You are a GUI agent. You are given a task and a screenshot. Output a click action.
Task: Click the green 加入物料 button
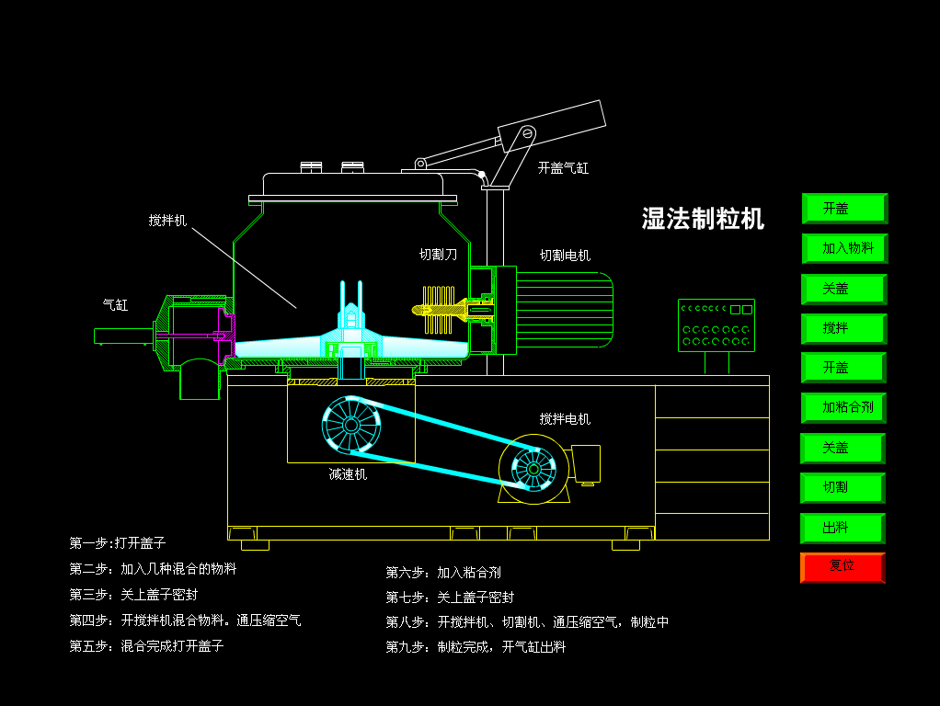843,248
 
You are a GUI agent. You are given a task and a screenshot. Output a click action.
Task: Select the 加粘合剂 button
843,407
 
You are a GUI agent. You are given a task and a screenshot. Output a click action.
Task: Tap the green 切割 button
842,487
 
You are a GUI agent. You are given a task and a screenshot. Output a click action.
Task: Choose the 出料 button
842,528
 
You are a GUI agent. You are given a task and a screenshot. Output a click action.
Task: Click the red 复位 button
842,567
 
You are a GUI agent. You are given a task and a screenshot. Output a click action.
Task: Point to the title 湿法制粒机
703,218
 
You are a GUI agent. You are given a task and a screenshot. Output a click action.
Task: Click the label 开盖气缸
563,168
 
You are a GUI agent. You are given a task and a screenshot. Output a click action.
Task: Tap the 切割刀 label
438,255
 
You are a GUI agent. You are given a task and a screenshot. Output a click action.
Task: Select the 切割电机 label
565,256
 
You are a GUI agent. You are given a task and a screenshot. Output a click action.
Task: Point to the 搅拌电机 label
565,419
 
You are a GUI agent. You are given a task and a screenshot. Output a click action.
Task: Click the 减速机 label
348,474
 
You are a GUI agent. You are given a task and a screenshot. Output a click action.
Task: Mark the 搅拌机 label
167,221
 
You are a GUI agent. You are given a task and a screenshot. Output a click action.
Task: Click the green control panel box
716,325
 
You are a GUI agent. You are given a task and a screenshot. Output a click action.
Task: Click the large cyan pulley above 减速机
351,425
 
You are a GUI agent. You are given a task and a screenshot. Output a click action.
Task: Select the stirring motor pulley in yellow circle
533,469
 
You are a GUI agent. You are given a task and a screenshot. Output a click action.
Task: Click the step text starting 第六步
443,573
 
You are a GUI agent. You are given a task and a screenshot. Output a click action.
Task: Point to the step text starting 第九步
476,647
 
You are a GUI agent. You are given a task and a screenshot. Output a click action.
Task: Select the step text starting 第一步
117,543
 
